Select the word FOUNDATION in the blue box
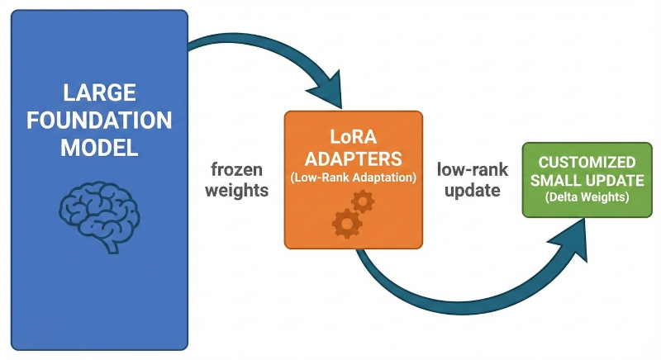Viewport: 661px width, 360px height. coord(99,120)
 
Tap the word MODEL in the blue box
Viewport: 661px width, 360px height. coord(99,149)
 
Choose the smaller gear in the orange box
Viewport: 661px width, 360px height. coord(363,201)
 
